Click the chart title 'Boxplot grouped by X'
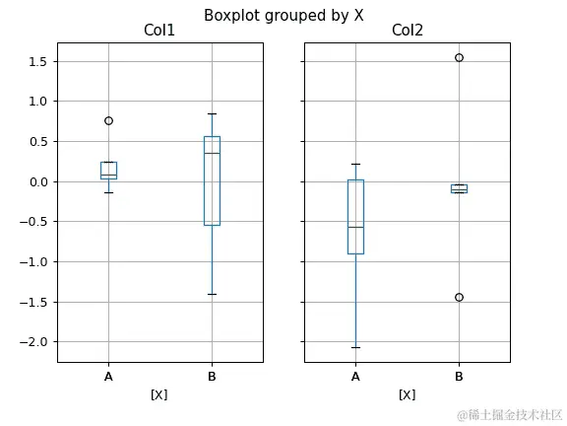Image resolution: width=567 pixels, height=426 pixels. (x=283, y=15)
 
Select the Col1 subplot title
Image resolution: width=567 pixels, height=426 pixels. (x=159, y=32)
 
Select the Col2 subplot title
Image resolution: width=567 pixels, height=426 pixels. (x=407, y=32)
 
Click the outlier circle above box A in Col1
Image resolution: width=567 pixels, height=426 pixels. (x=108, y=120)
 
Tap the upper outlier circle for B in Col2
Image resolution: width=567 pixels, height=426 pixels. (x=459, y=57)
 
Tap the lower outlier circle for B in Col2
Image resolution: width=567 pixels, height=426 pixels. (x=459, y=297)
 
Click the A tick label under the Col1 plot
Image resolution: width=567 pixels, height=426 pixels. (x=108, y=377)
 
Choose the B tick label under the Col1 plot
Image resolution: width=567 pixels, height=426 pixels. (x=212, y=377)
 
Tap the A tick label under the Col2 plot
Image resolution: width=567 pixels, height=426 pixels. (x=355, y=377)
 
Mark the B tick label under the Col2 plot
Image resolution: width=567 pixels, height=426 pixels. (x=459, y=377)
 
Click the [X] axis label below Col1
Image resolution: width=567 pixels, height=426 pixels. (x=159, y=394)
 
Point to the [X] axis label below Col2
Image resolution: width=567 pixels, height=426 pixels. (x=407, y=394)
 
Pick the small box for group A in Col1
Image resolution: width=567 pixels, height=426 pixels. (x=108, y=169)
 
